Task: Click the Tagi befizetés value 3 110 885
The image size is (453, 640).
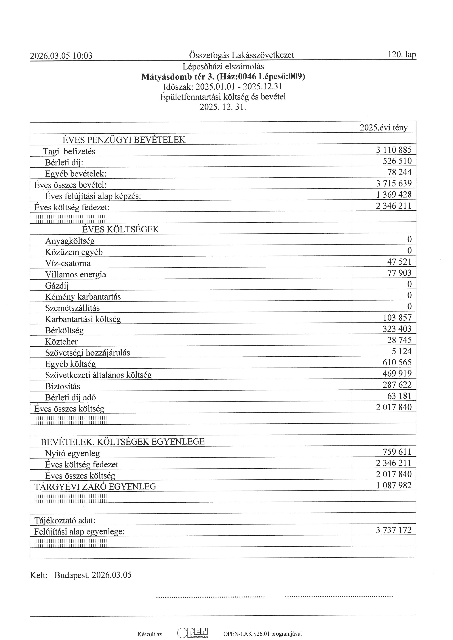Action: pos(394,150)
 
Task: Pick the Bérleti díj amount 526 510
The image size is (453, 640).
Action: pos(397,161)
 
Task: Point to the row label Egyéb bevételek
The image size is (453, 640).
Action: pos(76,174)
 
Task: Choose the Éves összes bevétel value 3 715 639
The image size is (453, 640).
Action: pos(394,183)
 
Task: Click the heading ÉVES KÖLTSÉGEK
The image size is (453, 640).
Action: pos(121,229)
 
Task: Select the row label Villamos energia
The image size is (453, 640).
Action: pos(76,275)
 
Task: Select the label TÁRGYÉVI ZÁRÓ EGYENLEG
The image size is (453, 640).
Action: pos(95,487)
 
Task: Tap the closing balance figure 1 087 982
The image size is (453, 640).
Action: pos(394,485)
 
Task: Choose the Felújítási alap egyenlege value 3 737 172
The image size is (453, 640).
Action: pos(394,530)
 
